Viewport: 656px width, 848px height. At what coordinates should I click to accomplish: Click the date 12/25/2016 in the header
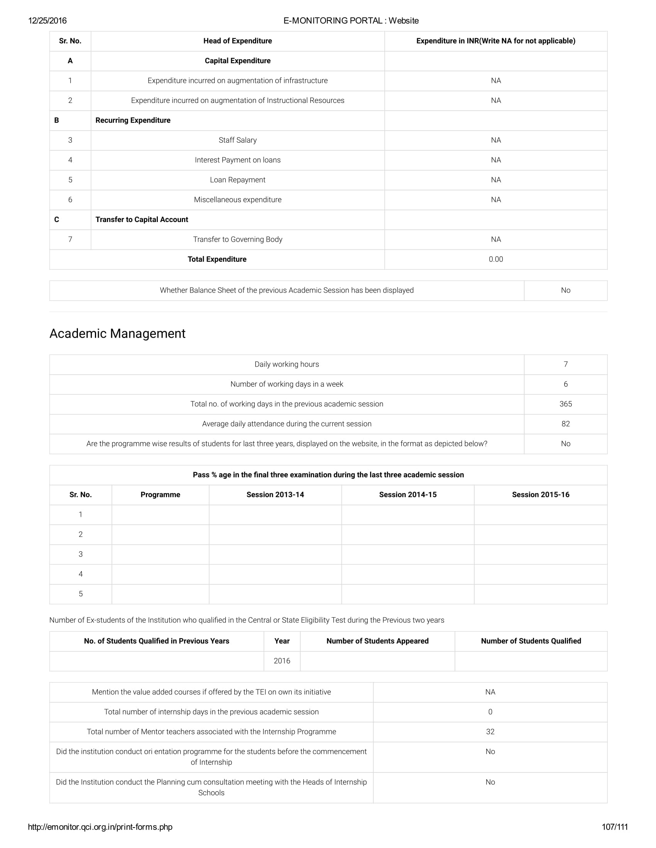[47, 20]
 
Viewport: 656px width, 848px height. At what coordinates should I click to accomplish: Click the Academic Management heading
[117, 333]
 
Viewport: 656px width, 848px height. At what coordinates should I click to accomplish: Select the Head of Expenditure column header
[237, 41]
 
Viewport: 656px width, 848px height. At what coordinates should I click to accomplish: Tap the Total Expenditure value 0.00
[495, 259]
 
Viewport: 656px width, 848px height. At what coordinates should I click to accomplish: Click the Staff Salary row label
[237, 140]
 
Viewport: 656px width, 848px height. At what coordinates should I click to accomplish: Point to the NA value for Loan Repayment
[495, 180]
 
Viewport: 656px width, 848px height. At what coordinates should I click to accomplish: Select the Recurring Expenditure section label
[133, 120]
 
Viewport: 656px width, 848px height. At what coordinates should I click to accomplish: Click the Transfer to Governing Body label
[237, 240]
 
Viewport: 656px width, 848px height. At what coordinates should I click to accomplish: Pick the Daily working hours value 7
[565, 364]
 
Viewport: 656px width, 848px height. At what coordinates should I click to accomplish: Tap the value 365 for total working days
[565, 404]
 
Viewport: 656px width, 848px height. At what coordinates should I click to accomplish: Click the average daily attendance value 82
[565, 424]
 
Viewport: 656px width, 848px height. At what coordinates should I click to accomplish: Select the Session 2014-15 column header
[407, 495]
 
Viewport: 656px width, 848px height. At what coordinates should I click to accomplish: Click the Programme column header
[160, 495]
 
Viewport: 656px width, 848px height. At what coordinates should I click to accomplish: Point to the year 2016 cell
[282, 661]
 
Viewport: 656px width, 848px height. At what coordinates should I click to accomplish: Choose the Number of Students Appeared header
[377, 641]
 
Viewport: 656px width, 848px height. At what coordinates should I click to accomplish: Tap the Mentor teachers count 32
[490, 732]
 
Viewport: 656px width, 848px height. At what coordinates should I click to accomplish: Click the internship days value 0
[490, 712]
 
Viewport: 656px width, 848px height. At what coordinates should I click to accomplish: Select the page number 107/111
[615, 827]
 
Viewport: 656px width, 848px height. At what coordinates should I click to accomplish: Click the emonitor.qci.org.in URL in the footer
[100, 827]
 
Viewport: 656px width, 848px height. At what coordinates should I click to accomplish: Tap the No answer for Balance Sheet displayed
[565, 290]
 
